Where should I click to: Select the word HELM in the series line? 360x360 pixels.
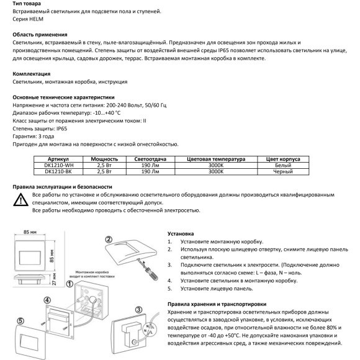point(39,19)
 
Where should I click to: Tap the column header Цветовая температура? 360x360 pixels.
point(216,158)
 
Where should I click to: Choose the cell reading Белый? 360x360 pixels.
point(283,164)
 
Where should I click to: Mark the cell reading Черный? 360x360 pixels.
point(283,171)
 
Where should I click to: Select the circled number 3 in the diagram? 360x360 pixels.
point(138,308)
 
